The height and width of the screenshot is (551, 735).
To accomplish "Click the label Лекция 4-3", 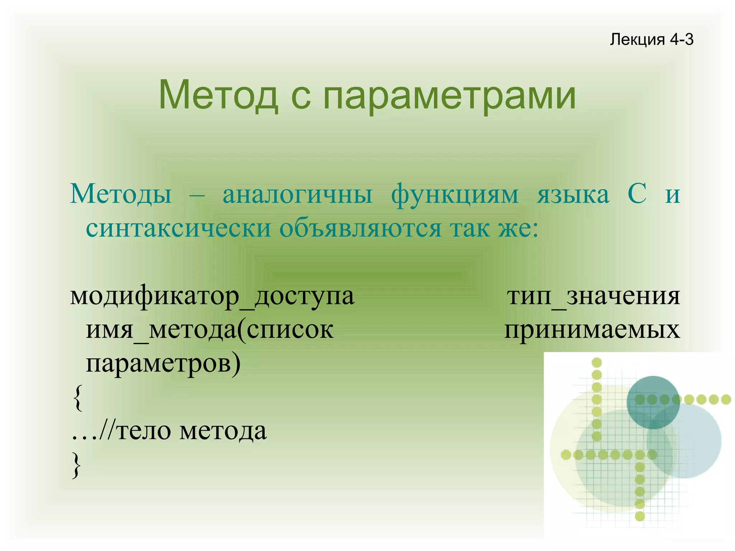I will click(651, 39).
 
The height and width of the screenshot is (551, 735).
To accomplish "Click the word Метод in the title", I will click(218, 95).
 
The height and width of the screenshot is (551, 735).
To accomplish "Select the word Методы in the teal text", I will click(121, 194).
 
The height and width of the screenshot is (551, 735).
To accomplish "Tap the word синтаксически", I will click(178, 228).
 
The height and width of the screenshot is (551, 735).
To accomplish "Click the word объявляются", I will click(360, 228).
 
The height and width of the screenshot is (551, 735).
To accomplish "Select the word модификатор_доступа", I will click(212, 296).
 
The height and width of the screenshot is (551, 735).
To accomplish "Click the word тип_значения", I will click(593, 296).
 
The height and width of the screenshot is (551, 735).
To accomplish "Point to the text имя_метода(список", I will click(210, 330).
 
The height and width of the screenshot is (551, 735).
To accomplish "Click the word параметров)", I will click(163, 363).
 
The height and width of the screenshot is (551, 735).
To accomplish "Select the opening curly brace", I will click(77, 397).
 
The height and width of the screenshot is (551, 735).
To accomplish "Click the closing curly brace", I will click(76, 464).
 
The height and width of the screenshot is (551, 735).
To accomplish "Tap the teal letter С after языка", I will click(637, 194).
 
